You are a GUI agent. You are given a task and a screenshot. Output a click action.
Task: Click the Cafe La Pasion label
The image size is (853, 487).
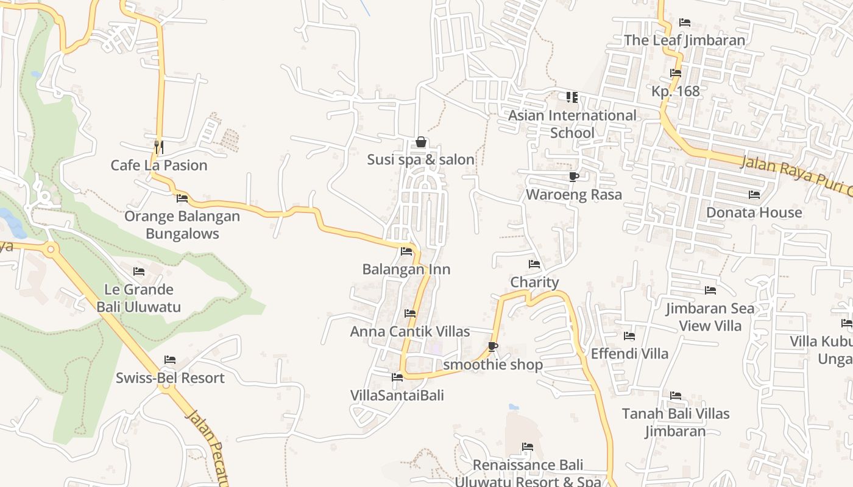pyautogui.click(x=159, y=165)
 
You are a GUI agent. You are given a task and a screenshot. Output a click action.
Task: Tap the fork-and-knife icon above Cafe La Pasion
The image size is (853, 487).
pyautogui.click(x=158, y=147)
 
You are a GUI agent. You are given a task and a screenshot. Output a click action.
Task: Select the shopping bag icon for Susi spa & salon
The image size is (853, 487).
pyautogui.click(x=420, y=142)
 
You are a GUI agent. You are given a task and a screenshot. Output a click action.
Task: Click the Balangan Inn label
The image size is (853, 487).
pyautogui.click(x=406, y=269)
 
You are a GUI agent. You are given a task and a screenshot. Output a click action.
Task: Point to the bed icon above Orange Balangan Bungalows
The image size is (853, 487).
pyautogui.click(x=182, y=198)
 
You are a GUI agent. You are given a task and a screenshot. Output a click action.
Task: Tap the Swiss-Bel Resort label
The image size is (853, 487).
pyautogui.click(x=170, y=378)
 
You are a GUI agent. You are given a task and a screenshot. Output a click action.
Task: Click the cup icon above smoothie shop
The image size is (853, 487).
pyautogui.click(x=493, y=346)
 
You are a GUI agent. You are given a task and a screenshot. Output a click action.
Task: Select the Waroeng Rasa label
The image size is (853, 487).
pyautogui.click(x=574, y=195)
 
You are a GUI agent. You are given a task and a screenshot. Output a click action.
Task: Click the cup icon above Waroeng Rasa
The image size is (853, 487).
pyautogui.click(x=573, y=177)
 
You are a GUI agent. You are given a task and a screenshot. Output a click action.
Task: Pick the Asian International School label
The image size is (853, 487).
pyautogui.click(x=572, y=124)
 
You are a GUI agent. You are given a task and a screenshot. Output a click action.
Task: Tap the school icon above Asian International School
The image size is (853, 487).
pyautogui.click(x=572, y=97)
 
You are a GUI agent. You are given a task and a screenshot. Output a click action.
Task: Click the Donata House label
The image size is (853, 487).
pyautogui.click(x=754, y=212)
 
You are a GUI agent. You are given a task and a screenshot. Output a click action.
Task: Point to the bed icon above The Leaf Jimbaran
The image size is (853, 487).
pyautogui.click(x=685, y=23)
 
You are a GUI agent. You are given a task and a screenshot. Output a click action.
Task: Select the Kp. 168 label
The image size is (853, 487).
pyautogui.click(x=676, y=91)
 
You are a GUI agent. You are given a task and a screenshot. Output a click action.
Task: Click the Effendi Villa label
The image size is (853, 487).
pyautogui.click(x=629, y=354)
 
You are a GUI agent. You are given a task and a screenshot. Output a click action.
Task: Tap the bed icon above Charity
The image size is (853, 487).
pyautogui.click(x=534, y=264)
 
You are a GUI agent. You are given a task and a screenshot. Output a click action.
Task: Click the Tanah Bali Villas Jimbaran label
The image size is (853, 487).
pyautogui.click(x=676, y=422)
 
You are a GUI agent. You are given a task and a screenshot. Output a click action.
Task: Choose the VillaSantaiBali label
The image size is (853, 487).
pyautogui.click(x=397, y=396)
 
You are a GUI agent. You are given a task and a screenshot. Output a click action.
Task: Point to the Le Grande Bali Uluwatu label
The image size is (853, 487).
pyautogui.click(x=139, y=298)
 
